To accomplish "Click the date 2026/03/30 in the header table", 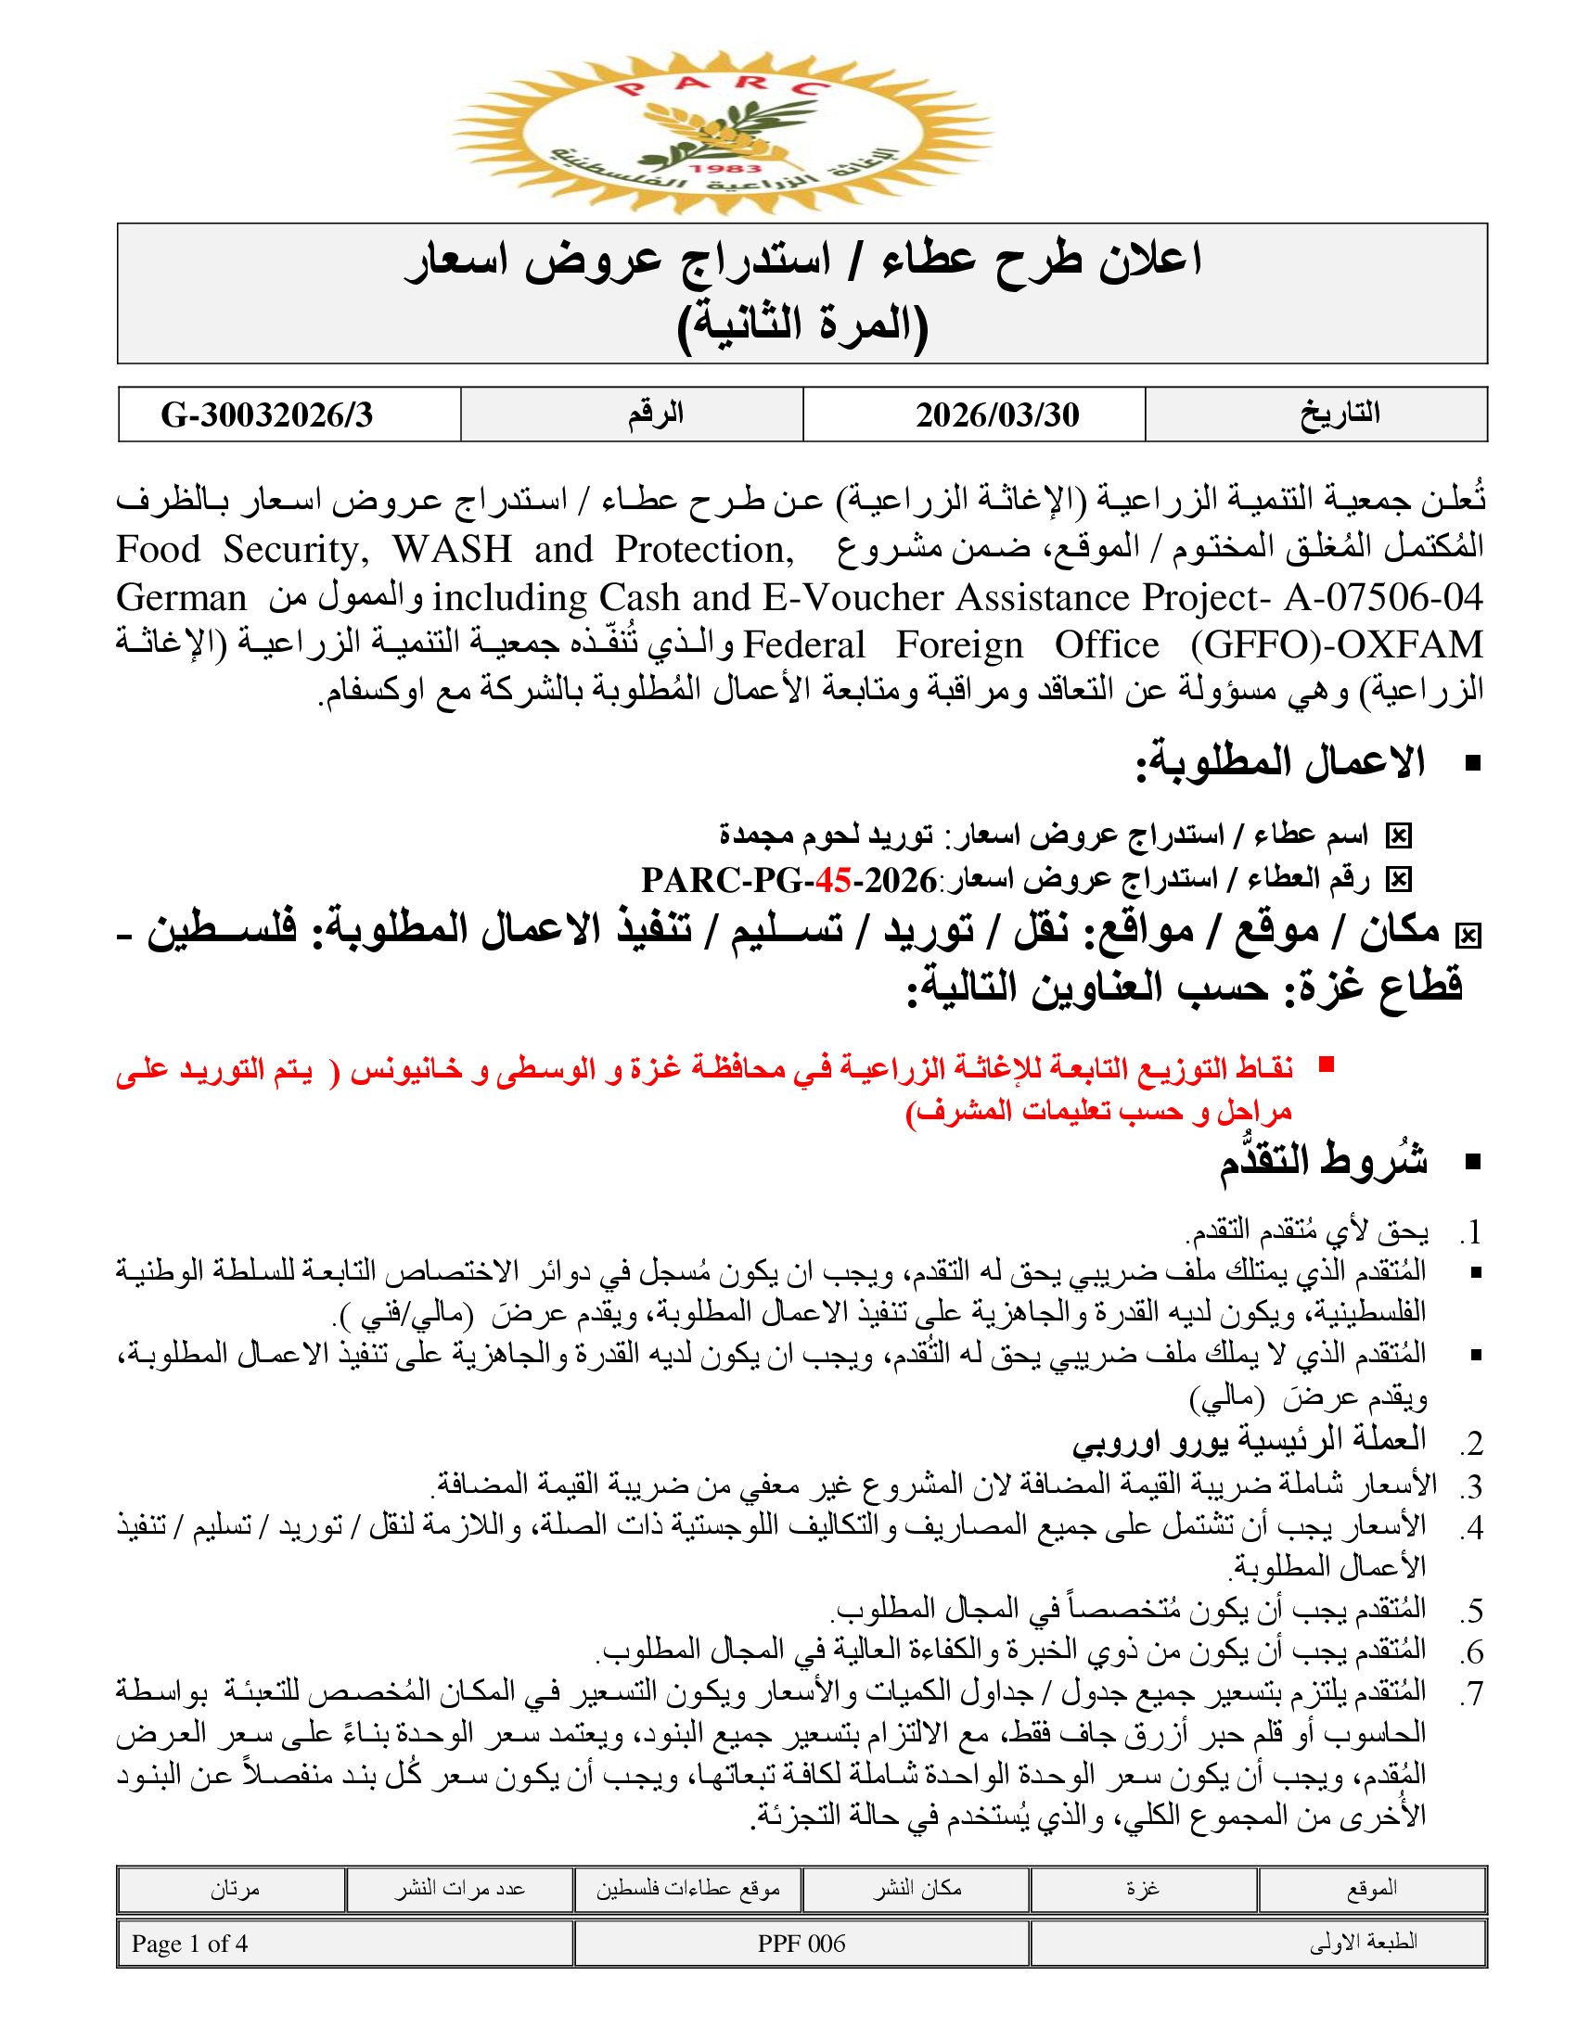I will (997, 414).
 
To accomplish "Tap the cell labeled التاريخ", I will (1340, 414).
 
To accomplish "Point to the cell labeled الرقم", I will (655, 414).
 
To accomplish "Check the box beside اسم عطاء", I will (1398, 836).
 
